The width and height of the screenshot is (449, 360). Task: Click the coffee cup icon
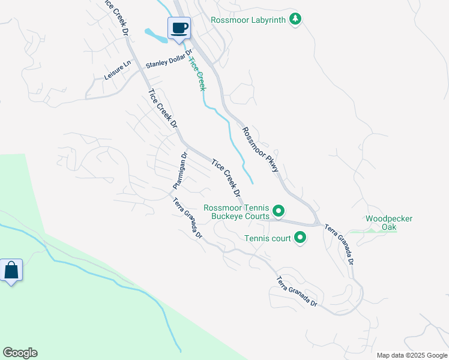[179, 28]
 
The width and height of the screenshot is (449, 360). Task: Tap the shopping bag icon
[11, 271]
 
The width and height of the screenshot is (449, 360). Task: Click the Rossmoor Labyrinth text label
[249, 20]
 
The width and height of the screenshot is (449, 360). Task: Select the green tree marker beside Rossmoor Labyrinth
[295, 20]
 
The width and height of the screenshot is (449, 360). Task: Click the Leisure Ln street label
[117, 71]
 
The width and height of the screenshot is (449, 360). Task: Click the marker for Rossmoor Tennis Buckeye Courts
[279, 211]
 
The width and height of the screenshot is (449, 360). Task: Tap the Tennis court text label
[268, 238]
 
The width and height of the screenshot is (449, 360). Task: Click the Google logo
[20, 353]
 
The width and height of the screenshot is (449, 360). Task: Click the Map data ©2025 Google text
[411, 355]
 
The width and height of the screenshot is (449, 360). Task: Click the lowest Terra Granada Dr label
[297, 292]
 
